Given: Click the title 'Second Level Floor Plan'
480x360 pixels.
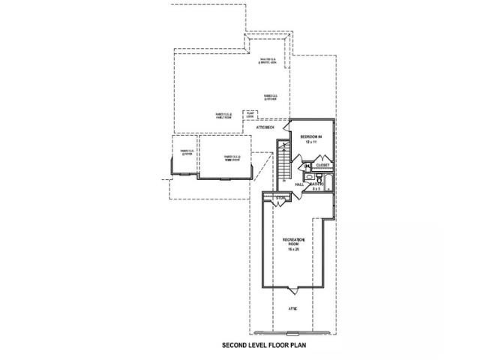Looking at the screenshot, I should tap(264, 346).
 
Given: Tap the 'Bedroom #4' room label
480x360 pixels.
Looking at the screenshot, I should tap(311, 136).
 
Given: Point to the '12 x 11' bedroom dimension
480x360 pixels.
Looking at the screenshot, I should tap(311, 142).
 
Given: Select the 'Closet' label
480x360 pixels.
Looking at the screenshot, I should tap(322, 165).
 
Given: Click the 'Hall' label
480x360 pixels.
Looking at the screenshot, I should tap(298, 184).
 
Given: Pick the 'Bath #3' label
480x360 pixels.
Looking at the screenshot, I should tap(318, 184).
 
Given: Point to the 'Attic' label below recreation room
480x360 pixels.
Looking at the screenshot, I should tap(293, 308).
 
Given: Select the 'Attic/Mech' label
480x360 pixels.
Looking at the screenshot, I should tap(266, 128).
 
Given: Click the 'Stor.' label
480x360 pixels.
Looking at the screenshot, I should tap(280, 198).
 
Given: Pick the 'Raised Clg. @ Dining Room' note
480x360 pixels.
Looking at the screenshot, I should tap(232, 157).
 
